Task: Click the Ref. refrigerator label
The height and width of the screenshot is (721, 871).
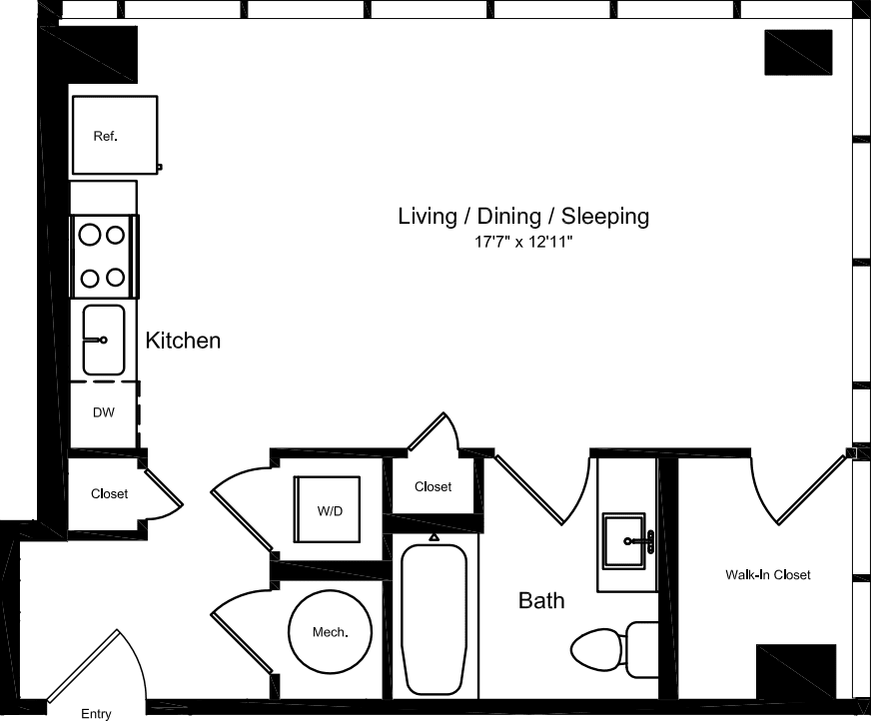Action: coord(105,137)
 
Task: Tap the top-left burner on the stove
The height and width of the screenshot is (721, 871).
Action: coord(90,236)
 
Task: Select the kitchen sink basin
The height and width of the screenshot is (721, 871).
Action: coord(104,340)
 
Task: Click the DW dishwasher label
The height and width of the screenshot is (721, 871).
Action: coord(104,412)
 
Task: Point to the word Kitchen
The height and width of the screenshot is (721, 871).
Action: coord(183,341)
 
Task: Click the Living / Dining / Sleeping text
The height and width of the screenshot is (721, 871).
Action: coord(523,216)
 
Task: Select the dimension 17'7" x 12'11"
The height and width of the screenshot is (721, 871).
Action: coord(523,243)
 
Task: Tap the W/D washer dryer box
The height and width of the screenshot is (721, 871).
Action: coord(330,510)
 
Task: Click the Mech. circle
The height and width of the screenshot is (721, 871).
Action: coord(329,632)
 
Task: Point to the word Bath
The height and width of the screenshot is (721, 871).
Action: coord(540,600)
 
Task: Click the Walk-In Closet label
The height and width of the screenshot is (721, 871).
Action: coord(767,575)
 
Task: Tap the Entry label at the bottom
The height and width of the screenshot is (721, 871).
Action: coord(97,713)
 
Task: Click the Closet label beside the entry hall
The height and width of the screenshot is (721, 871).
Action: coord(109,494)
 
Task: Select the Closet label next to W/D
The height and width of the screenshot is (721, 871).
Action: coord(433,487)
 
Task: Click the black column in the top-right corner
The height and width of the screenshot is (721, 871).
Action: coord(798,52)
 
